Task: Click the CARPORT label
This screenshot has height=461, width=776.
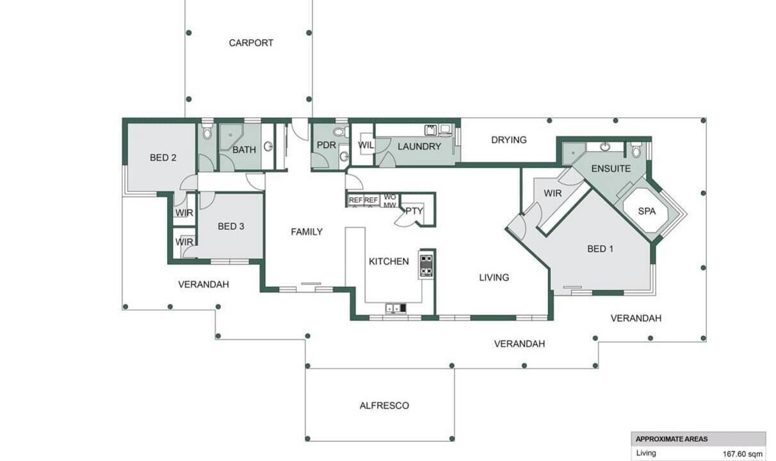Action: coord(251,43)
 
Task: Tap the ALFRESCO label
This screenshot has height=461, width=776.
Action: coord(384,405)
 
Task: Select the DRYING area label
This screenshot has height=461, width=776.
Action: coord(509,140)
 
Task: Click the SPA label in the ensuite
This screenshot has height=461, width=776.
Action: coord(647,211)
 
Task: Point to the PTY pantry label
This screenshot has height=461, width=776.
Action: coord(414,211)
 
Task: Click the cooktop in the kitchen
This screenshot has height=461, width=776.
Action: coord(426,266)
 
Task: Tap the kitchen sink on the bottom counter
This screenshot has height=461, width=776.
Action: coord(396,308)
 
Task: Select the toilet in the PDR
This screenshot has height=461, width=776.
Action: coord(341,132)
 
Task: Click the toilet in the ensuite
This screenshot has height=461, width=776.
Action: coord(636,149)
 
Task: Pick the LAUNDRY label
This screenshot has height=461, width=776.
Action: coord(419,147)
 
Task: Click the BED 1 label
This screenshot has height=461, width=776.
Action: coord(601,248)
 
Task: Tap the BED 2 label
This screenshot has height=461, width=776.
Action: coord(163,158)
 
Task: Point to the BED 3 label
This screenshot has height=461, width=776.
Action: coord(230,227)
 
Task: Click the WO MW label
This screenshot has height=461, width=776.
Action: coord(390,201)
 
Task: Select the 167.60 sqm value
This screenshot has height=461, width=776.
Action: coord(743,454)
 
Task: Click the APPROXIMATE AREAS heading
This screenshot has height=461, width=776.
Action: coord(672,439)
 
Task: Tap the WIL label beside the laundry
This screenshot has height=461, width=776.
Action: coord(366,145)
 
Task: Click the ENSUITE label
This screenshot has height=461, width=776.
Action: coord(611,168)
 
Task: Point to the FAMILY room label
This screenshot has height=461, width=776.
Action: coord(307,232)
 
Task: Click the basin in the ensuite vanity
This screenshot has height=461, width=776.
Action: coord(605,147)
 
